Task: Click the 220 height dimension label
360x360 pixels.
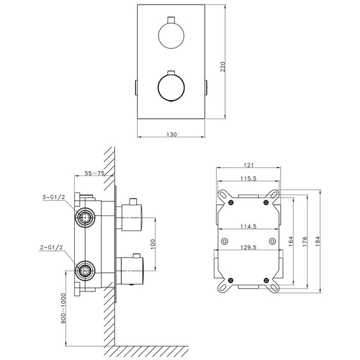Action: point(223,66)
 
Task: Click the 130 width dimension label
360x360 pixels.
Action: point(172,134)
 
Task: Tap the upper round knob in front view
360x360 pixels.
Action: point(171,35)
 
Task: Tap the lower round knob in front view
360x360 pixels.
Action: point(171,87)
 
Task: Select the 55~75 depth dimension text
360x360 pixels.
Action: point(94,173)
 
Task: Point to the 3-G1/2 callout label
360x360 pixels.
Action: point(54,197)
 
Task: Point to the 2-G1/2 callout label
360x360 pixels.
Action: point(51,247)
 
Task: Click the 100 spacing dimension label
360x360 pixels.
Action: point(153,244)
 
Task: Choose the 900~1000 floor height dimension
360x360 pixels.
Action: point(64,308)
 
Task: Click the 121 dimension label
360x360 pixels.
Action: point(249,165)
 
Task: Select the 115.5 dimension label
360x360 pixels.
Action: point(248,178)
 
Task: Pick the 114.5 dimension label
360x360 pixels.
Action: point(248,226)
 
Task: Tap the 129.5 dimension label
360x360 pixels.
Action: point(248,247)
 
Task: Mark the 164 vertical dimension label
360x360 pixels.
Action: point(291,241)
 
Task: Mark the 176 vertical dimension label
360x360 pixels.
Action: point(304,241)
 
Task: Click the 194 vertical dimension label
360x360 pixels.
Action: point(317,241)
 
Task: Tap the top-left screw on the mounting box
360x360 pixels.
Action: point(231,202)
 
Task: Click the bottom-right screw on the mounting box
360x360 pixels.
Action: point(266,280)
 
